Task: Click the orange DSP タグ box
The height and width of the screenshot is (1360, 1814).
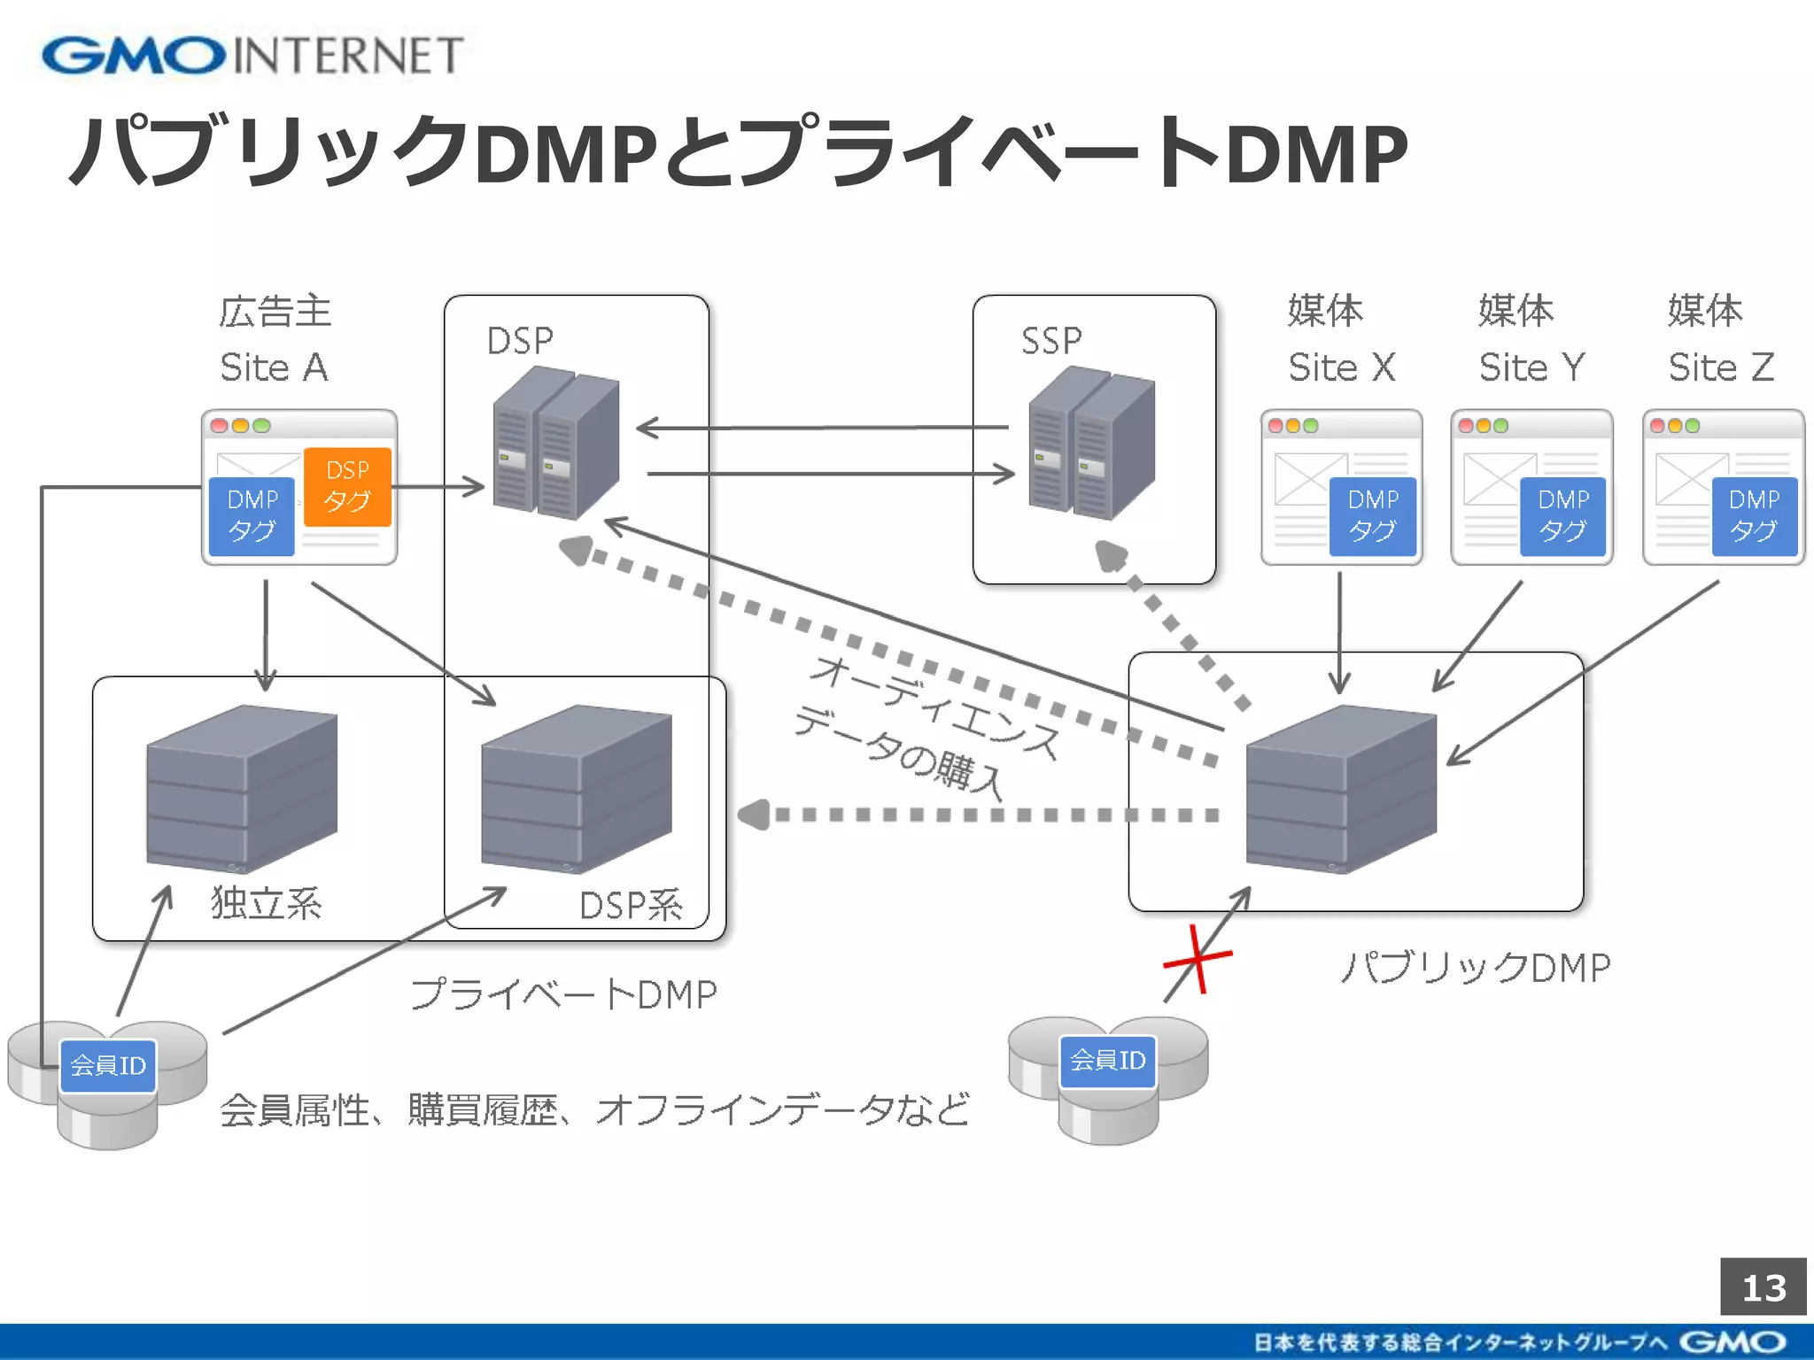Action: point(347,487)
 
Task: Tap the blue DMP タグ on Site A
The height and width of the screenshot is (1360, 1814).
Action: point(252,515)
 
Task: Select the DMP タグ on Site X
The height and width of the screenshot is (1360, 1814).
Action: point(1373,515)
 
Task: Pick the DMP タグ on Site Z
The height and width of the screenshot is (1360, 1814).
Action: point(1754,515)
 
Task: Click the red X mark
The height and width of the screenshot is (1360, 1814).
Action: point(1198,959)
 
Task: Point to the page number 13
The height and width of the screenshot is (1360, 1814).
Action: point(1763,1287)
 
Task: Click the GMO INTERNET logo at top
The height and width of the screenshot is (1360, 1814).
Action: point(252,55)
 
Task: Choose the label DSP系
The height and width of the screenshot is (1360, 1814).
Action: point(631,906)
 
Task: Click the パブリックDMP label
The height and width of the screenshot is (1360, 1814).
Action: point(1475,968)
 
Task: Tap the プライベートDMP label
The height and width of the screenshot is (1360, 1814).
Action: point(563,995)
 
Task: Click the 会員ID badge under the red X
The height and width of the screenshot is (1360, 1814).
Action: point(1108,1061)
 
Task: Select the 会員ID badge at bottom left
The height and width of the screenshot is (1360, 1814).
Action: point(108,1065)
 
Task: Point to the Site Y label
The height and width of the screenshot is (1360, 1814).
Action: point(1531,367)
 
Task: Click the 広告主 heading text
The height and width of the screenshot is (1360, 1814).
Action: point(275,312)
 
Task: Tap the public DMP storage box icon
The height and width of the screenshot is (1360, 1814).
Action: point(1340,788)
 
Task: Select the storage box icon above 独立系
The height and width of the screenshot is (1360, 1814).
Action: point(241,788)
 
